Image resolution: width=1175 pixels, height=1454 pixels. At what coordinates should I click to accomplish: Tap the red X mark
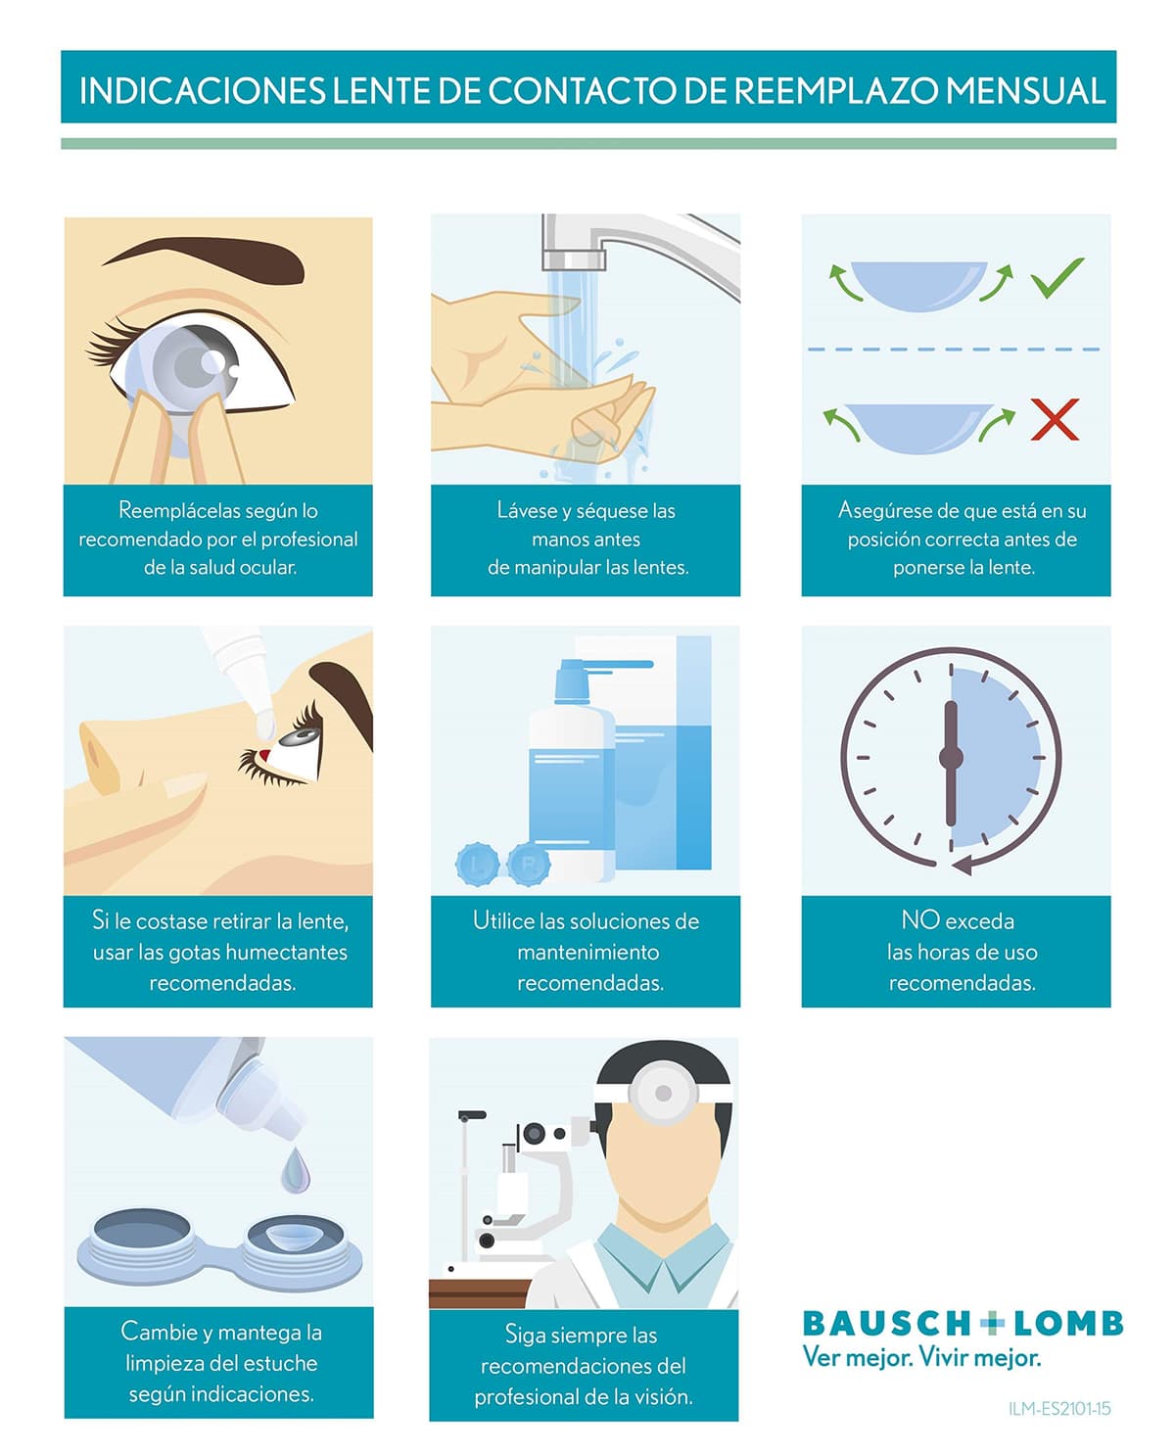coord(1055,418)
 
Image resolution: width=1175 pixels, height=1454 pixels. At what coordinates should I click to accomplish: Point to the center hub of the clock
coord(951,756)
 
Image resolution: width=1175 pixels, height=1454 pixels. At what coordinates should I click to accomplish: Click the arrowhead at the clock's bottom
coord(962,866)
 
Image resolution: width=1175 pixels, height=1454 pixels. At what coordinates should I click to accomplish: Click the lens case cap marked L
coord(477,865)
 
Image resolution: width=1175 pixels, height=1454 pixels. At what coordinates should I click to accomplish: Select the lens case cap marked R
coord(529,865)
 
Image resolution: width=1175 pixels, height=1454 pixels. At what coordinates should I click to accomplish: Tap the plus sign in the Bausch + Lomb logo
coord(991,1325)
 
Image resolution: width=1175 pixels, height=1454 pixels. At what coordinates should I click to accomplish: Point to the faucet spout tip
coord(574,260)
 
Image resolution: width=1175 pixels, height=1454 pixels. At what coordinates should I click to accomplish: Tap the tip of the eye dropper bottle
coord(265,725)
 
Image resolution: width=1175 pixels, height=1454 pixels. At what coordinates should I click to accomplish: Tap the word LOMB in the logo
coord(1068,1325)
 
